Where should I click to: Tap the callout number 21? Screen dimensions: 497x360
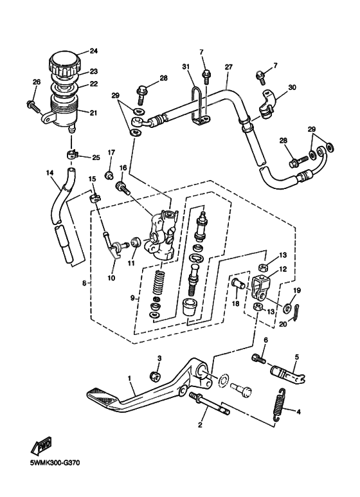[93, 113]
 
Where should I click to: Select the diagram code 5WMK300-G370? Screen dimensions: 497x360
[50, 462]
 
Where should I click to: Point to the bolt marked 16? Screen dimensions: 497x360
[121, 188]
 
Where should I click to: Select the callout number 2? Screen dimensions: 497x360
[201, 425]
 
